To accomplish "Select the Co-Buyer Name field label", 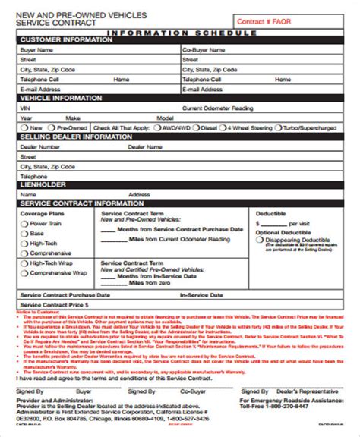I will point(201,49).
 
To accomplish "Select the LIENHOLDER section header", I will point(43,184).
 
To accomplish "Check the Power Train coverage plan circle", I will point(24,224).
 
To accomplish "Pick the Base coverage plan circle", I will point(24,234).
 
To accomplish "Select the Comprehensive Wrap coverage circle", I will point(24,272).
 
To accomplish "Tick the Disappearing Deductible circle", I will point(261,238).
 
